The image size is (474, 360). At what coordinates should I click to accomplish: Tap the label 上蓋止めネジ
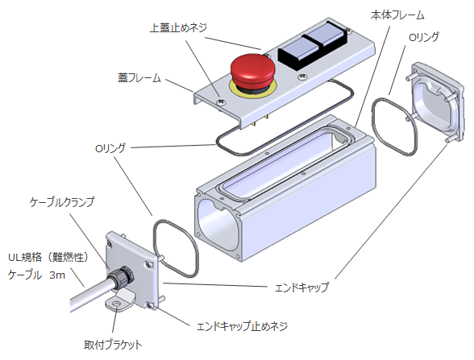point(179,27)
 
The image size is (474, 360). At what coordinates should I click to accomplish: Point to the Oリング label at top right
point(426,37)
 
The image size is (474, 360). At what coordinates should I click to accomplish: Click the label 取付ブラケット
point(118,345)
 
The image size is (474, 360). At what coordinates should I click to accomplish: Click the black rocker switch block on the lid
point(312,49)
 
